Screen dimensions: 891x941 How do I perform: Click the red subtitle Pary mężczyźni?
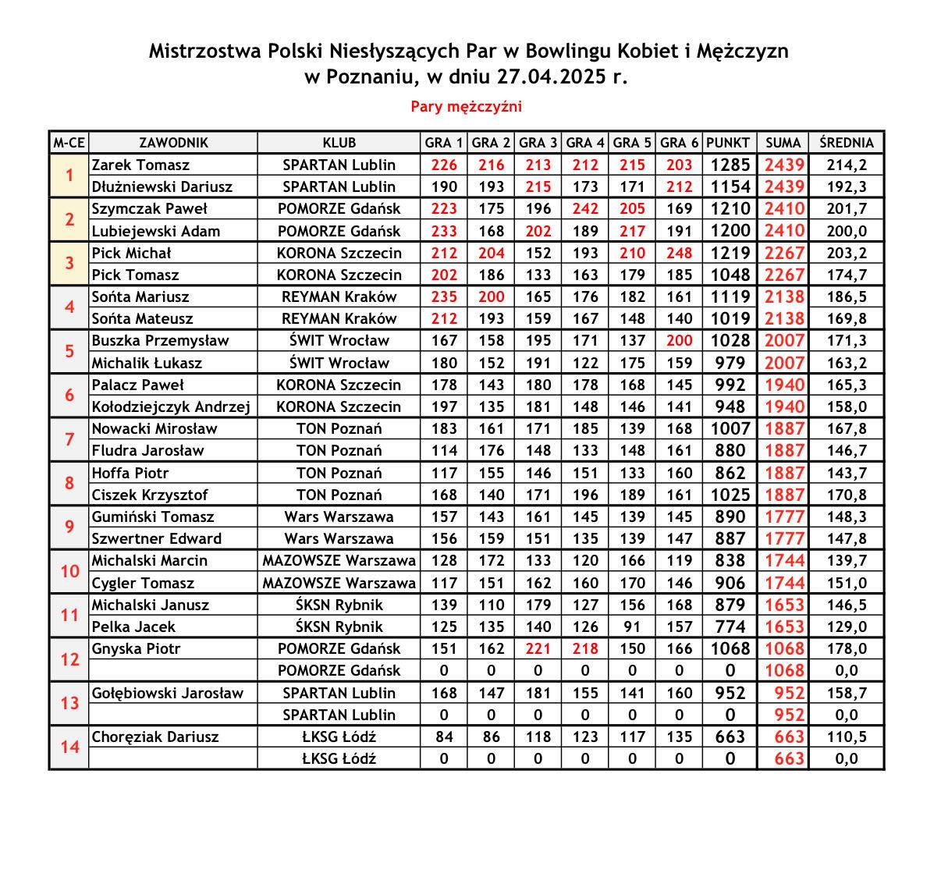coord(466,107)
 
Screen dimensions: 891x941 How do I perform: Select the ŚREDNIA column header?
coord(846,143)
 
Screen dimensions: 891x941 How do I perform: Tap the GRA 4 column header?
coord(585,143)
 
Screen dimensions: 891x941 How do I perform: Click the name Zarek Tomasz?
coord(140,165)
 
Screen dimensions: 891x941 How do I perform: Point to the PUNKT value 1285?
coord(730,165)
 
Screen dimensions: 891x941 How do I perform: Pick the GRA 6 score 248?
coord(679,253)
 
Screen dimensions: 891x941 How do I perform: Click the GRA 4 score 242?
coord(585,208)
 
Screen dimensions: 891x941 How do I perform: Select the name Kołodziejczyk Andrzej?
coord(171,406)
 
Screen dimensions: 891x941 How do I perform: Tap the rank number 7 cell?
coord(69,439)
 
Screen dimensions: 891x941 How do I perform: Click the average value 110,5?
coord(846,737)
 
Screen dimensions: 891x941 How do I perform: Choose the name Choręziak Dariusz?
coord(155,737)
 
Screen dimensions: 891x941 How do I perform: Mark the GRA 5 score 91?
coord(632,627)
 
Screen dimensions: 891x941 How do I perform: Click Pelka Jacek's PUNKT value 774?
coord(730,627)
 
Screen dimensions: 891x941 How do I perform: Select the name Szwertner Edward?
coord(156,538)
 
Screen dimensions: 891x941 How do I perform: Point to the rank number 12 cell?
coord(69,659)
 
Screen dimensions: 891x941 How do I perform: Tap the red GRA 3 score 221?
coord(538,648)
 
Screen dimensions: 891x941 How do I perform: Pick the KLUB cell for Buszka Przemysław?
coord(339,340)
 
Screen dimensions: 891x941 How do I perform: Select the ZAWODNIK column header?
coord(173,143)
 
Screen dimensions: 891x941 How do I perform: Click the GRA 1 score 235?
coord(444,296)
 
